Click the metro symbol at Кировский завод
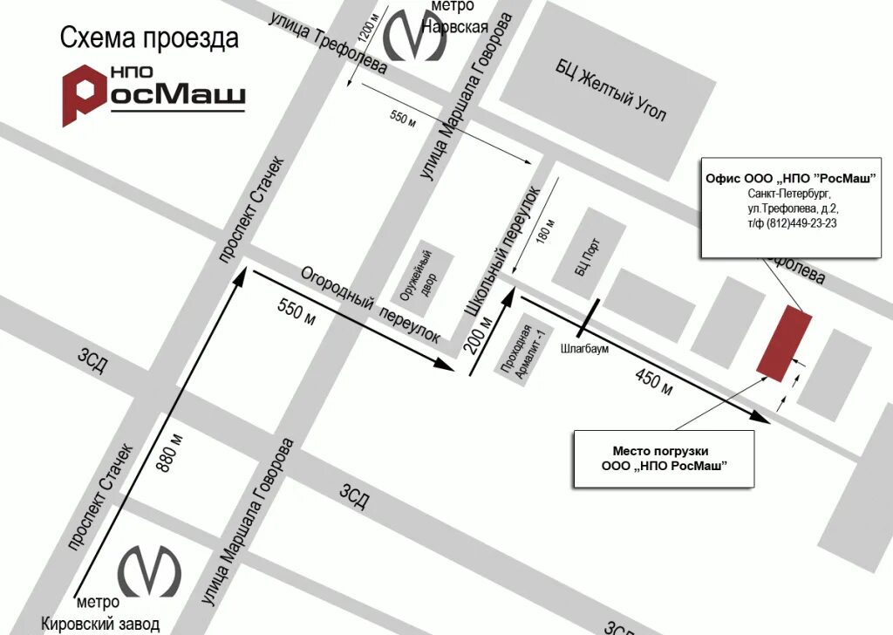pyautogui.click(x=149, y=570)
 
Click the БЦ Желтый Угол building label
pyautogui.click(x=612, y=90)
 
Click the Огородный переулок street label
pyautogui.click(x=370, y=305)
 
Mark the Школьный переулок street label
pyautogui.click(x=501, y=251)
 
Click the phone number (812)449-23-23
pyautogui.click(x=801, y=223)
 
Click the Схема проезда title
pyautogui.click(x=148, y=38)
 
